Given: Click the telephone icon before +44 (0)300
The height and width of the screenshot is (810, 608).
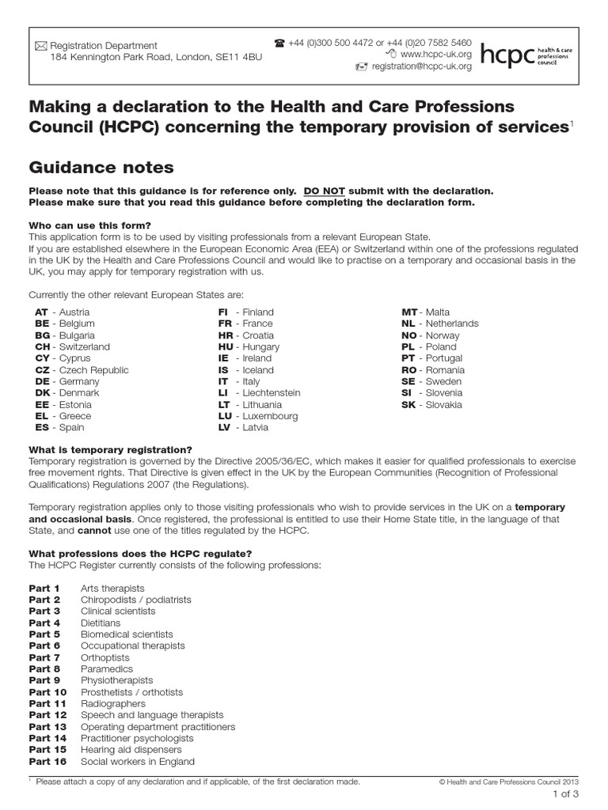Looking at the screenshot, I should (279, 43).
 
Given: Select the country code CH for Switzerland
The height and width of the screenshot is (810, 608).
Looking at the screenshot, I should (41, 346).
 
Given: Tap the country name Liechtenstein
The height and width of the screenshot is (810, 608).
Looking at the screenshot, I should (272, 392).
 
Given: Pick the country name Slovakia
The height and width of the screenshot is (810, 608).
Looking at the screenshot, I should (444, 404).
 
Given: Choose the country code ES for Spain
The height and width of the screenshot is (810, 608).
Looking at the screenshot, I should (41, 427).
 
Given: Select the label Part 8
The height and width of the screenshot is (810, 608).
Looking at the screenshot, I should (44, 668).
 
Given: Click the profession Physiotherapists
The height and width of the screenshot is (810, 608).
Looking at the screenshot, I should (117, 680).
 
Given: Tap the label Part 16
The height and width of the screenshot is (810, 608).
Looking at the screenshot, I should (47, 761).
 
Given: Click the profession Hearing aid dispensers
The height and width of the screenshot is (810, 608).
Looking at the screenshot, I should (131, 749).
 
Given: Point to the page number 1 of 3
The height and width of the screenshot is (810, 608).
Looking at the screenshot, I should (565, 795).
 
